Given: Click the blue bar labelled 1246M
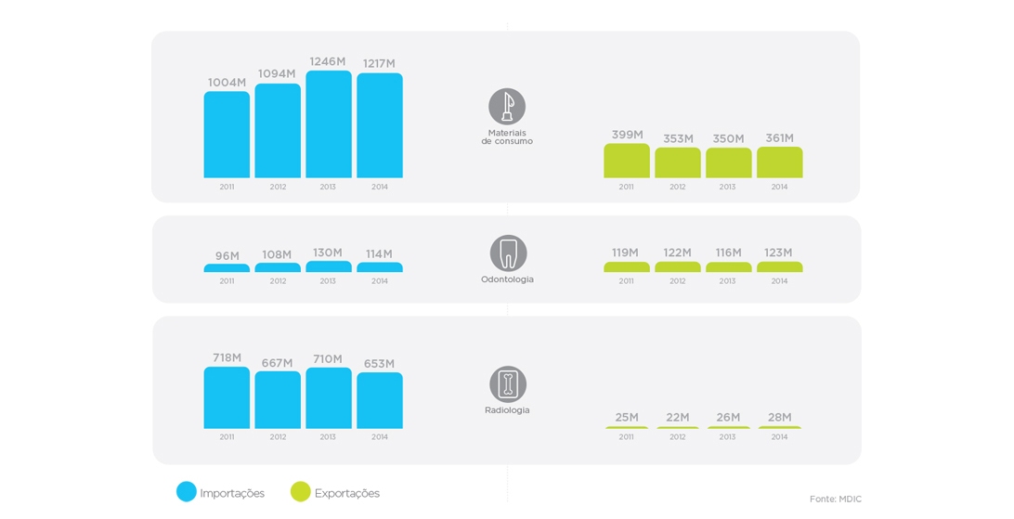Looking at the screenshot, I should (329, 124).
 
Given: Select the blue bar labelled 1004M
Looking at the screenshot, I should (227, 135).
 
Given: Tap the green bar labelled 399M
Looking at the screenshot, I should (627, 161).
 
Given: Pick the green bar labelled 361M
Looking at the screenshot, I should (779, 162).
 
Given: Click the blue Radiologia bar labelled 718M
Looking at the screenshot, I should (227, 397).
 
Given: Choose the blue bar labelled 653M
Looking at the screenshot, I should (380, 400).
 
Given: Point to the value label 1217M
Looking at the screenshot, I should (379, 64).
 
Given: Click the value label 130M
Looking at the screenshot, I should (327, 253).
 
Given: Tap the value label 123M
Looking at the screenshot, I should (778, 253).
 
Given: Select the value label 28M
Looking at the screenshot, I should (779, 418).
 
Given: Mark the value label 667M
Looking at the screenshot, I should (277, 363).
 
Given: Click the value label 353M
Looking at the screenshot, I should (678, 139).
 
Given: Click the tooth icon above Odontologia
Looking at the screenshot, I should (508, 253).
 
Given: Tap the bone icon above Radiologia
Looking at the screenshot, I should (508, 384).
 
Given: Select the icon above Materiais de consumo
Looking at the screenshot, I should (507, 107).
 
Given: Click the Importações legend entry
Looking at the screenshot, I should (221, 493).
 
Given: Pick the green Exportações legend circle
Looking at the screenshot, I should (301, 492).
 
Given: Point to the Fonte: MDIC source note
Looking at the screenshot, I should (835, 500).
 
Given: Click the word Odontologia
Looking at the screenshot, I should (507, 279).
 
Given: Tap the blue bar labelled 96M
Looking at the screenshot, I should (227, 268).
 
